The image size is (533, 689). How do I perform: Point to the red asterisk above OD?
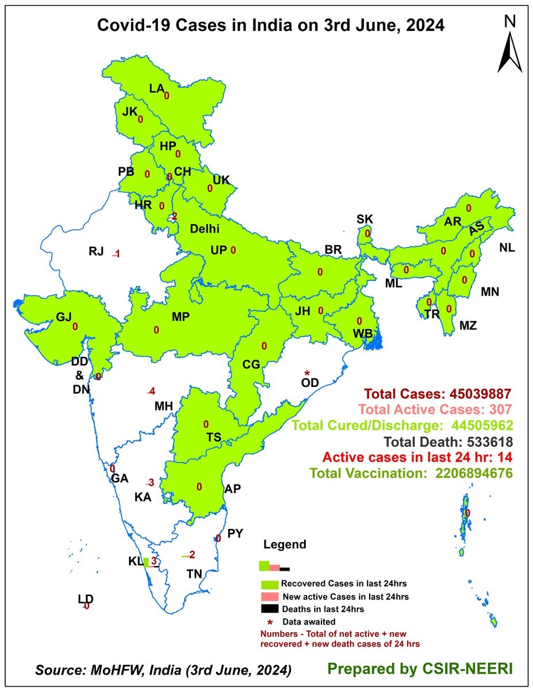coord(307,374)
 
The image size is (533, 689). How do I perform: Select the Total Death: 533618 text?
coord(434,442)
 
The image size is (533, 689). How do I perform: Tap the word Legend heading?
coord(285,544)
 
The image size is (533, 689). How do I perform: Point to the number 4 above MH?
coord(152,392)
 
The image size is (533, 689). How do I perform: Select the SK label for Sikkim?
coord(365,219)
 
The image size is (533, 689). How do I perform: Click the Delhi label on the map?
coord(205,229)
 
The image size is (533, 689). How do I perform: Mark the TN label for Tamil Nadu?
coord(194,573)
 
